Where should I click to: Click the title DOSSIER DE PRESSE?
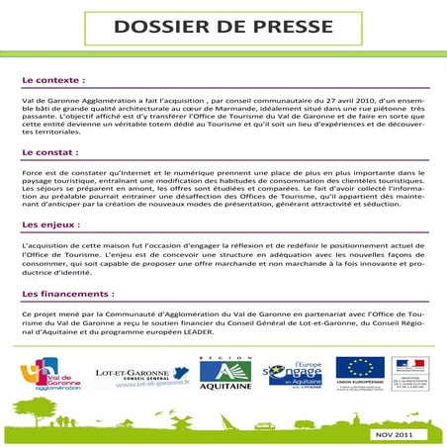[223, 27]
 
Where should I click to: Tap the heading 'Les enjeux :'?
[51, 225]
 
